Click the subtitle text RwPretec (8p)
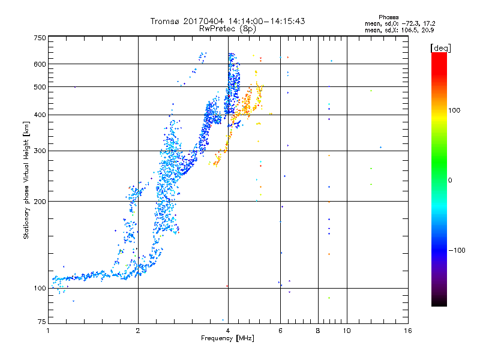tap(227, 29)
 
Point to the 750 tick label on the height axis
tap(40, 38)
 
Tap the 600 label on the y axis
tap(40, 64)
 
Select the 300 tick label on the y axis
tap(40, 151)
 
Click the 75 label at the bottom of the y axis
tap(42, 322)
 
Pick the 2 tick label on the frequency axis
tap(138, 331)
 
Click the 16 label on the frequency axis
tap(408, 331)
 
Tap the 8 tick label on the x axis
tap(318, 331)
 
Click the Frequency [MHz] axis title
tap(227, 338)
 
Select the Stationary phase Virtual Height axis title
tap(26, 181)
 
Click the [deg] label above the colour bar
tap(440, 48)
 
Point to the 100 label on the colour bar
tap(454, 110)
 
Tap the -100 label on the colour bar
tap(457, 250)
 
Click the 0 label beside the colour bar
tap(450, 181)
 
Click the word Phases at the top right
tap(388, 17)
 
